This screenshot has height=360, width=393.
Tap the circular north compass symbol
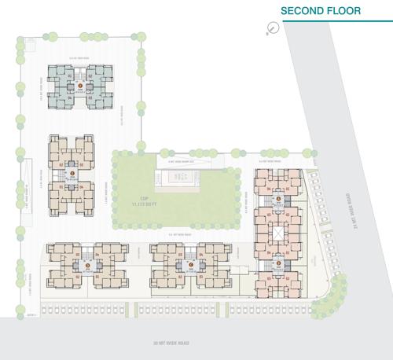[273, 28]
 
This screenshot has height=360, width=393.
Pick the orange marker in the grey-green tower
[79, 84]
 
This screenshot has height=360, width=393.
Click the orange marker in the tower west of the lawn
[71, 173]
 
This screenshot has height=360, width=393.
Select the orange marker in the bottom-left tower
[86, 265]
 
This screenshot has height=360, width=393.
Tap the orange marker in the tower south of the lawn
[189, 265]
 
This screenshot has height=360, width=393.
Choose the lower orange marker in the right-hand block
[276, 264]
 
